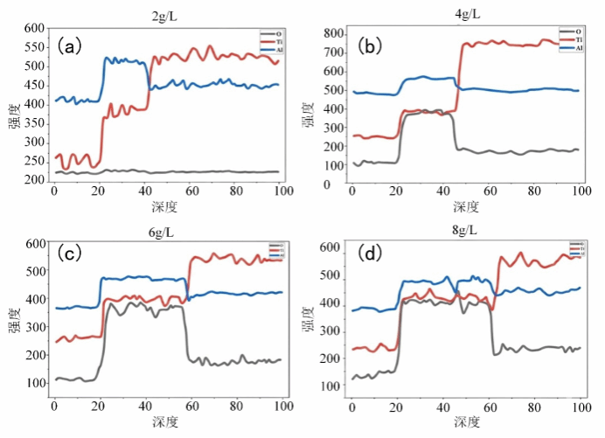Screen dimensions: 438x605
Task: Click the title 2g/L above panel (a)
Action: pos(163,15)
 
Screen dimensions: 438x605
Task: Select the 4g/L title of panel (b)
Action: pos(465,15)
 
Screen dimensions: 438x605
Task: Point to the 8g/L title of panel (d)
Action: pos(465,231)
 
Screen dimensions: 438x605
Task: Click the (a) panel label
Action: pos(69,45)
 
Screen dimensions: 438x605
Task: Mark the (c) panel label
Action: pos(69,254)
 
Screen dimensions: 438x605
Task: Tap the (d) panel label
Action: pos(370,254)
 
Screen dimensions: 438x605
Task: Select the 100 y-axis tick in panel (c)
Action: pos(35,383)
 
